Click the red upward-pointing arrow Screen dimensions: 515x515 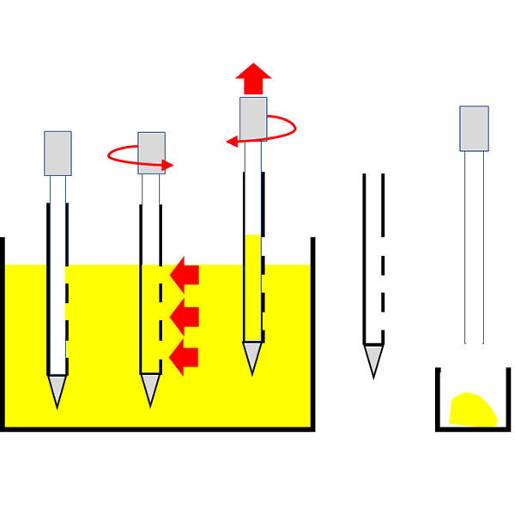coord(253,78)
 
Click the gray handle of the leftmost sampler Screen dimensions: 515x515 coord(58,153)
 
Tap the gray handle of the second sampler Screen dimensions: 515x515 coord(151,153)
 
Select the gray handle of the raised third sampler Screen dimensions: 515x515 coord(253,118)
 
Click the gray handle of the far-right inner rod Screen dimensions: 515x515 coord(474,128)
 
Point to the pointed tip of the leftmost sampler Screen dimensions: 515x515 coord(58,391)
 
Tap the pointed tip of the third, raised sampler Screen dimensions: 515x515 coord(252,356)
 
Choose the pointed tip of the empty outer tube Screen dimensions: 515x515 coord(373,360)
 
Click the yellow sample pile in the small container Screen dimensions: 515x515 coord(471,410)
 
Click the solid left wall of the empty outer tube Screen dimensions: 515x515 coord(365,257)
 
